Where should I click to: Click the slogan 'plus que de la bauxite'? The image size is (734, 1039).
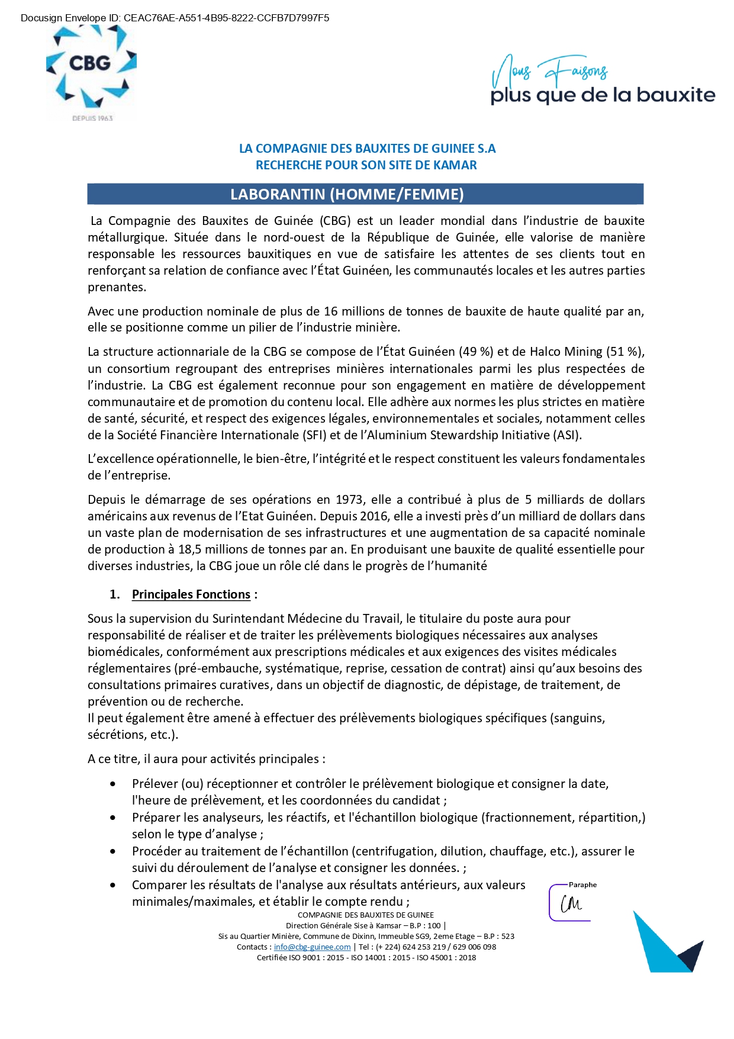click(603, 95)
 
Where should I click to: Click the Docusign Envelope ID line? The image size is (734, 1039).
click(175, 18)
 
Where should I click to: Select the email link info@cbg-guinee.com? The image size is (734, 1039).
click(312, 947)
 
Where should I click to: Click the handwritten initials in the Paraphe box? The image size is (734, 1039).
click(571, 904)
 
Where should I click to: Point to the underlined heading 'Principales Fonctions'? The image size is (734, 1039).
click(191, 594)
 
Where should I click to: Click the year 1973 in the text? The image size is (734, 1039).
click(349, 500)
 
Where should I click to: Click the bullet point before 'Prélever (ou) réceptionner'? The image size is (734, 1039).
click(113, 784)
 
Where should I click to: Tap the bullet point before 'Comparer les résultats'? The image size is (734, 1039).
click(113, 885)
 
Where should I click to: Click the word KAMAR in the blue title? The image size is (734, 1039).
click(455, 165)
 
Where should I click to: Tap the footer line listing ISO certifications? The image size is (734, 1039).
click(366, 957)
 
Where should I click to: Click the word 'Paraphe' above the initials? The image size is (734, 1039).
click(582, 884)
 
